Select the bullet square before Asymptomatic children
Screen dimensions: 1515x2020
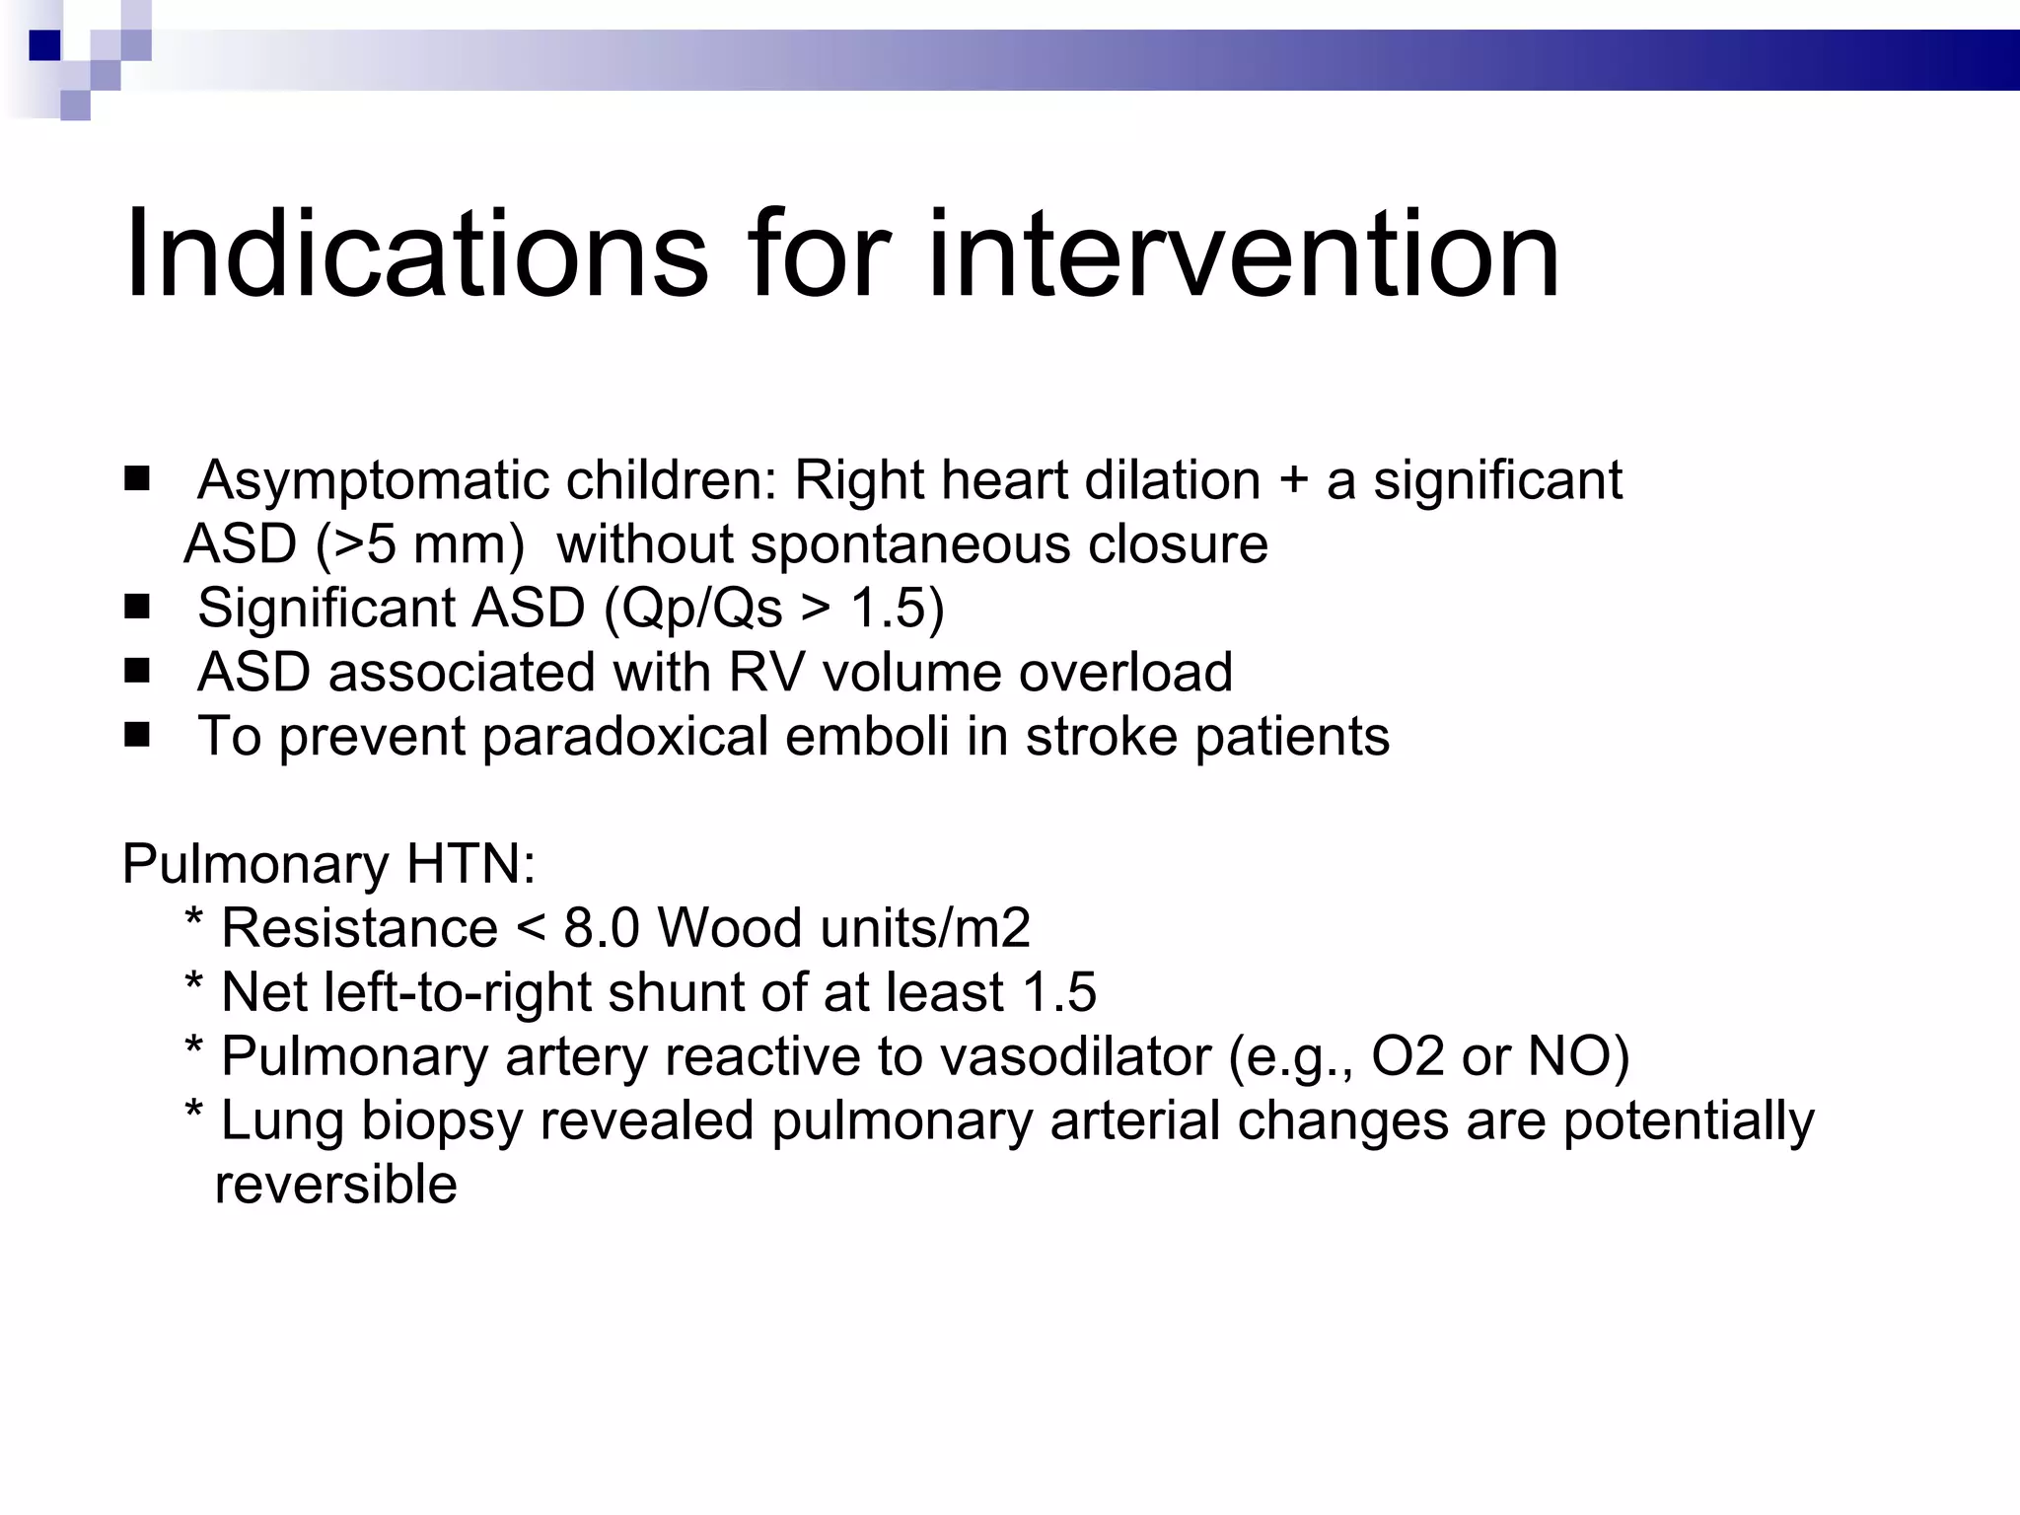point(137,480)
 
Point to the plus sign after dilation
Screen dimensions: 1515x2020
point(1293,482)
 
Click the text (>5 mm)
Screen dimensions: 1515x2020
point(420,545)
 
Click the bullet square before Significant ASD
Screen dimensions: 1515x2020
point(137,608)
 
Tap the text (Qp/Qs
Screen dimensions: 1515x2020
point(692,609)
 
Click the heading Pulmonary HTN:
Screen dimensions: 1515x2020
point(328,865)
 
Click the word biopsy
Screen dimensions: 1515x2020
point(441,1122)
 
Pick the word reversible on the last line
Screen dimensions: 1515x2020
point(335,1185)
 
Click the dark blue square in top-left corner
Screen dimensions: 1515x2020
point(45,45)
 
